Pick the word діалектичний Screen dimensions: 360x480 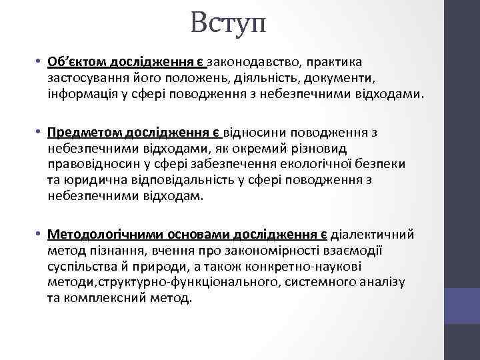[373, 235]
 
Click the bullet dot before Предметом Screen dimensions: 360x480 [40, 133]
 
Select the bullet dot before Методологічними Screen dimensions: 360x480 [40, 235]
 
